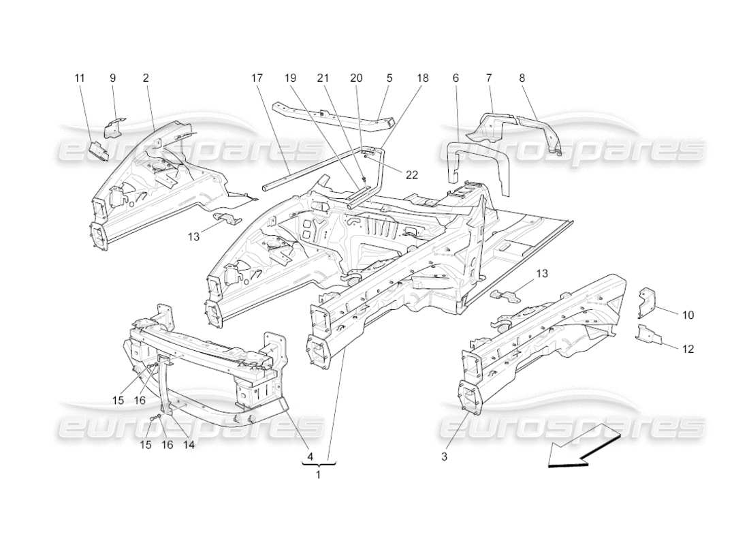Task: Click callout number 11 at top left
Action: point(80,78)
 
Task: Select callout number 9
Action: point(112,78)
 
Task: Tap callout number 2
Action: point(146,78)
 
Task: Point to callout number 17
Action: point(257,78)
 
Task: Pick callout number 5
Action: point(389,78)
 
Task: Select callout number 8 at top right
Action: point(522,78)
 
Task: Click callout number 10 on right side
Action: point(688,315)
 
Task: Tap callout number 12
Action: point(688,349)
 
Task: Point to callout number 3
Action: point(444,457)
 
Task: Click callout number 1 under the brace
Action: point(317,475)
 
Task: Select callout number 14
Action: point(189,444)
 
